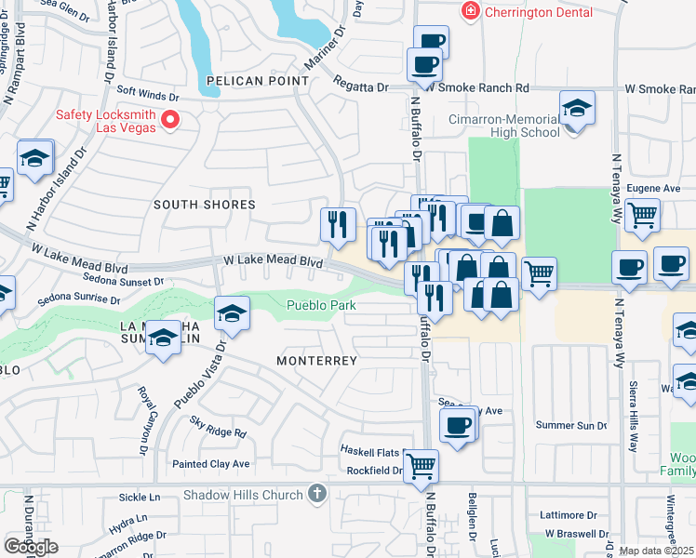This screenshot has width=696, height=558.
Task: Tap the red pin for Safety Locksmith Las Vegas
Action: [x=170, y=118]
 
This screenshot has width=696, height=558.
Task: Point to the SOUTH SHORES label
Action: [x=204, y=205]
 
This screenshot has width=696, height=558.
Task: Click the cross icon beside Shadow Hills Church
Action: [x=316, y=494]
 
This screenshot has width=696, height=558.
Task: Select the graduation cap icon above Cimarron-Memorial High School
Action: [x=577, y=109]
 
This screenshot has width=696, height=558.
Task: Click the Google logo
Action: [x=31, y=546]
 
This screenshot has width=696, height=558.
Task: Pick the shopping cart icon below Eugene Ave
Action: [x=642, y=216]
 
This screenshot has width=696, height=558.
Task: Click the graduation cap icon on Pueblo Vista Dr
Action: [x=232, y=313]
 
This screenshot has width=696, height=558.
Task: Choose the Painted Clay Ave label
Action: [x=211, y=463]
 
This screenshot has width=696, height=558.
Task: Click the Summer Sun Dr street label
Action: [x=571, y=425]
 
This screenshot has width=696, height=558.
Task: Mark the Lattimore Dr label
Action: [x=567, y=513]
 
